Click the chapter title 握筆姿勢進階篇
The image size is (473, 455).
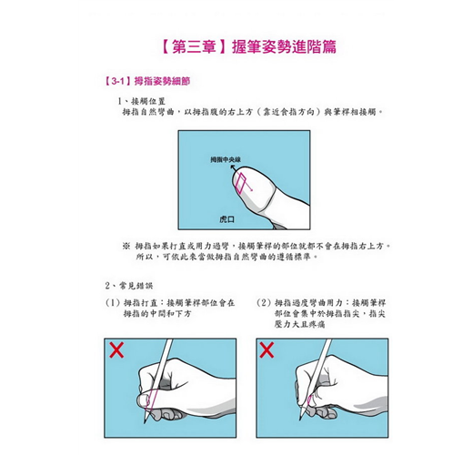point(284,47)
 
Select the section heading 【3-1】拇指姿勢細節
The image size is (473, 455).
point(147,81)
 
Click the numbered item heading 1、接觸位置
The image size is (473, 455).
point(142,101)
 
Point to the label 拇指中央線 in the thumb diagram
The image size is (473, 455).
point(226,159)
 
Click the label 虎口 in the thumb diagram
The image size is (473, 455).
point(226,219)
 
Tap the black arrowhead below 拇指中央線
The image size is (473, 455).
point(233,167)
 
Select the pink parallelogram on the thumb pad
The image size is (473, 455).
point(240,183)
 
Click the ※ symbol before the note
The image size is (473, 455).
point(126,246)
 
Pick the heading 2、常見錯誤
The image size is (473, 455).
point(129,286)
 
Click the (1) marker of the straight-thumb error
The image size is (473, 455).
point(112,303)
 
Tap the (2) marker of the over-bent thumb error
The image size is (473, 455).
point(263,303)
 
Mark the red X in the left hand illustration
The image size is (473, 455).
point(116,350)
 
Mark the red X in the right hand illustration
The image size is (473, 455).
point(267,350)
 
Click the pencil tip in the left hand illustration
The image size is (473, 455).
point(145,422)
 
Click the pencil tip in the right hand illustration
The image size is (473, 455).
point(300,419)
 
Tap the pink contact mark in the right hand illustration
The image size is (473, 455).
point(309,400)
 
